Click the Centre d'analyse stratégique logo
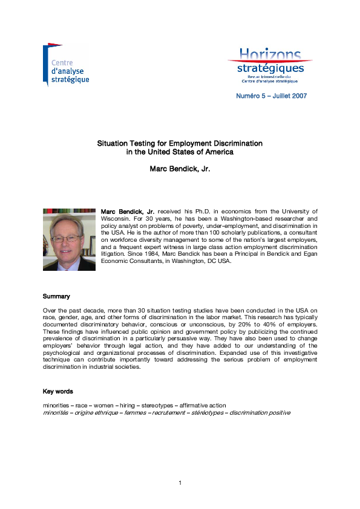click(66, 65)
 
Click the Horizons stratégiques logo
click(270, 65)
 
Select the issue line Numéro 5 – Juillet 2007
click(271, 97)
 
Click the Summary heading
click(56, 297)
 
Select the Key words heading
click(57, 392)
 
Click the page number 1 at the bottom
click(180, 482)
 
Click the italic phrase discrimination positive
click(259, 412)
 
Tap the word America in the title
click(218, 152)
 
